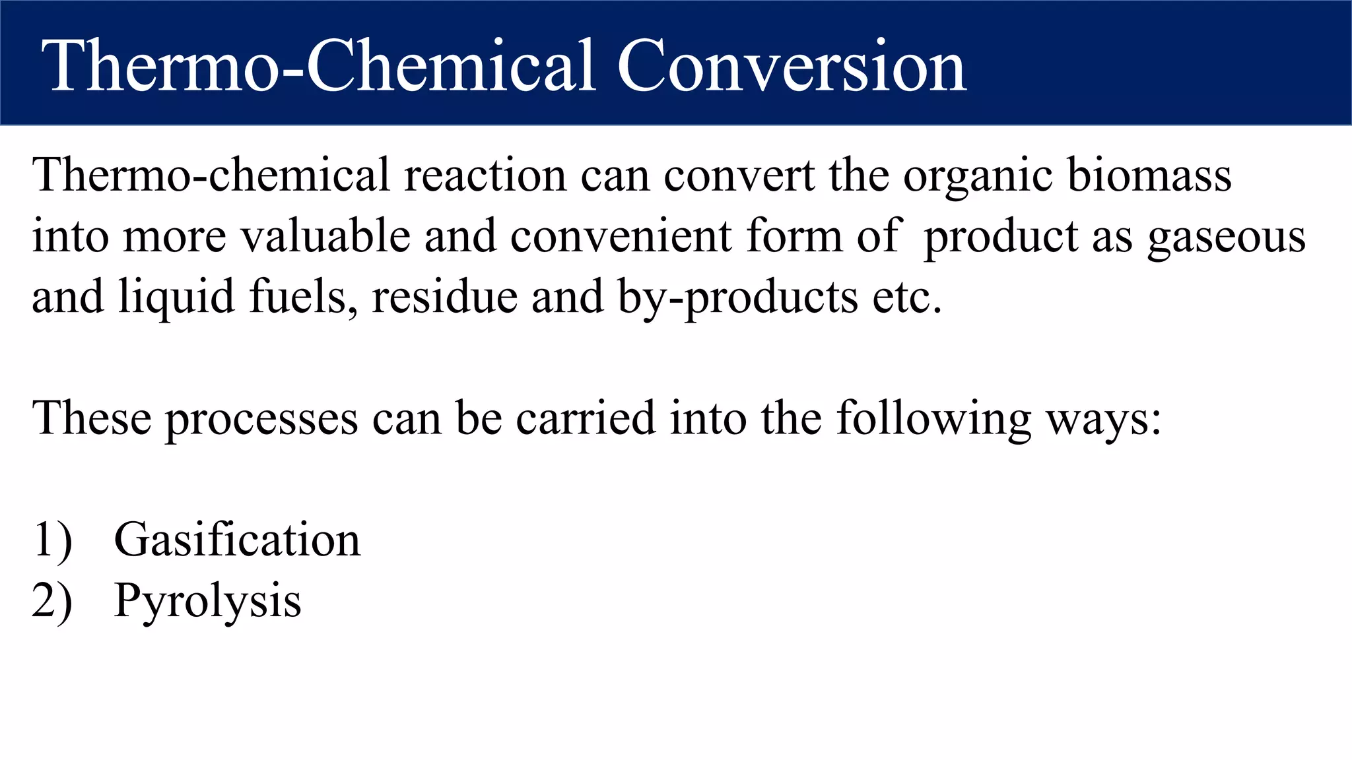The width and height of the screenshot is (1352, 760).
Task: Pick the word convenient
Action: pyautogui.click(x=621, y=236)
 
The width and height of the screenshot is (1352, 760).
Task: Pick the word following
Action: pyautogui.click(x=933, y=420)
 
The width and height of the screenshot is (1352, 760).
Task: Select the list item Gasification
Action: pyautogui.click(x=237, y=540)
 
